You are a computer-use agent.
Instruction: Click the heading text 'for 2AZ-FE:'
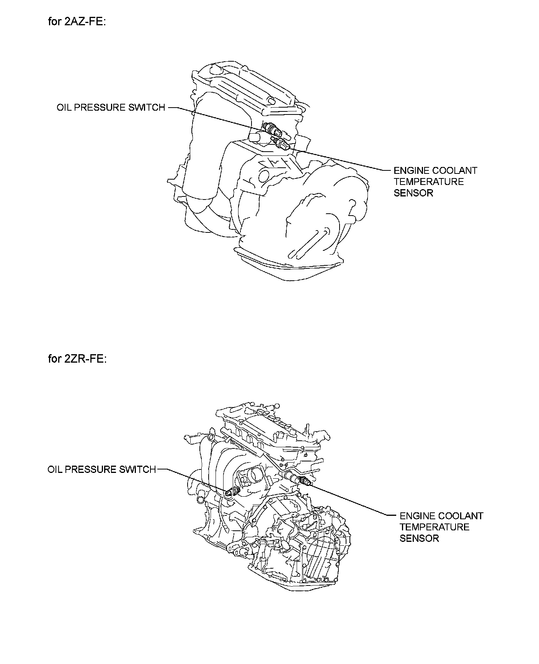pos(77,21)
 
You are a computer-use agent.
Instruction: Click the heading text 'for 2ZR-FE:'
pos(77,359)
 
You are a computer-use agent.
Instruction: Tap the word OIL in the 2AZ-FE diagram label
pos(64,108)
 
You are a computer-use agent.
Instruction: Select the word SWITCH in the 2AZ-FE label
pos(146,108)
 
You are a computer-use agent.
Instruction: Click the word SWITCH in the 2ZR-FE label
pos(137,469)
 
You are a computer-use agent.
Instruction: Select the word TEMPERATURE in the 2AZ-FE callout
pos(429,182)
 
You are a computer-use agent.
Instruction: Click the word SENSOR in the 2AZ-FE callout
pos(413,193)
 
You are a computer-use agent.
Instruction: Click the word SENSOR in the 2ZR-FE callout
pos(419,538)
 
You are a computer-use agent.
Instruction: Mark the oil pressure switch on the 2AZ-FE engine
pos(272,130)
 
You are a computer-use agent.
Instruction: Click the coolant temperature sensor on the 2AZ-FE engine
pos(282,144)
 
